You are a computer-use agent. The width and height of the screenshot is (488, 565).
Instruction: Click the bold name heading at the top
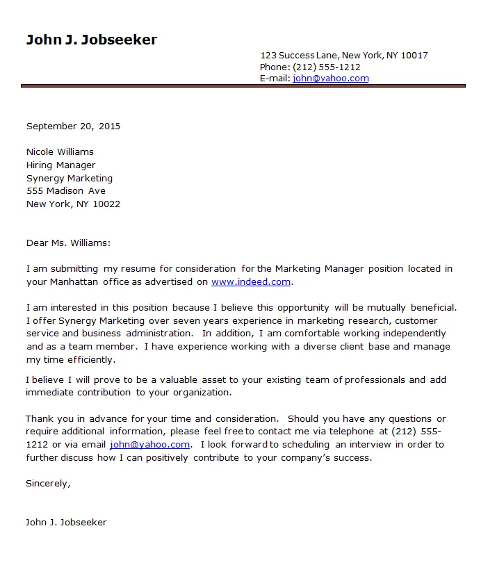(92, 40)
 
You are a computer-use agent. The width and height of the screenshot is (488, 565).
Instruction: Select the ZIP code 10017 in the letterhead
(414, 56)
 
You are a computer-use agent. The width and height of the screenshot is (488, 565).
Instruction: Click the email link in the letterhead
(330, 79)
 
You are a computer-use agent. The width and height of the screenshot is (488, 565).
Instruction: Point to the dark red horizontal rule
(243, 86)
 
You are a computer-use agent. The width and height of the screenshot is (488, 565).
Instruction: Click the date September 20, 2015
(73, 126)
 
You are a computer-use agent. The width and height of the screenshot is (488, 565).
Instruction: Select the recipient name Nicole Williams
(60, 152)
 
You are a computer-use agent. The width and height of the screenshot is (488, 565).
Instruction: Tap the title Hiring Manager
(60, 165)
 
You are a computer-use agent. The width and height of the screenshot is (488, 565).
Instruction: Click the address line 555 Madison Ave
(66, 191)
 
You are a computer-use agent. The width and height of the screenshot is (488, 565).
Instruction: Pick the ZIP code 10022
(106, 204)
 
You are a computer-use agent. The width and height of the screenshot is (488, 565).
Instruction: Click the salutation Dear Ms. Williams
(68, 243)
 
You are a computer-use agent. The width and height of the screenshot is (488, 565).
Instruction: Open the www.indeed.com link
(251, 282)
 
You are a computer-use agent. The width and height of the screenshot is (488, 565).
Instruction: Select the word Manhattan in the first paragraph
(74, 282)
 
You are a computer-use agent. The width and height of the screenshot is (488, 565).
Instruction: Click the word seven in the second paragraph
(186, 321)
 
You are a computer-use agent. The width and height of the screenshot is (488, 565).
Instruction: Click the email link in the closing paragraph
(149, 445)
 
